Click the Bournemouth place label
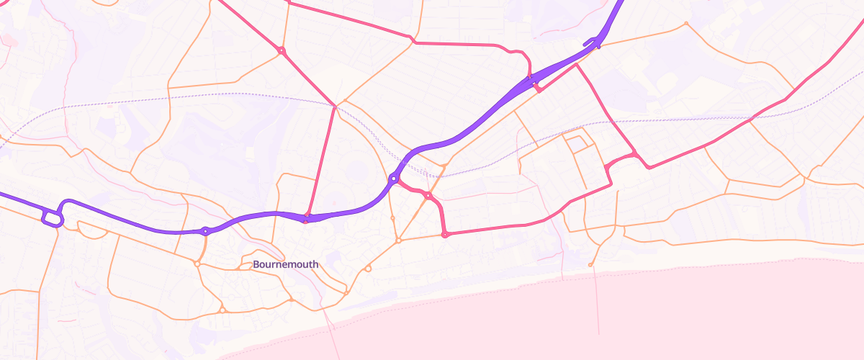point(285,264)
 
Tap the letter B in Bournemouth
point(256,264)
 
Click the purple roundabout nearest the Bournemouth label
point(205,231)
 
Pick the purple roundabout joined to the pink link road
point(393,178)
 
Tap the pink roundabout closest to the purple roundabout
point(428,195)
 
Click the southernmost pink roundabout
point(445,234)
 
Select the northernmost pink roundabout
point(281,50)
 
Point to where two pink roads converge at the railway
point(335,107)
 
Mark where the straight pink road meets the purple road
point(307,215)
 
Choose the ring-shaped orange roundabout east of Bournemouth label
point(368,269)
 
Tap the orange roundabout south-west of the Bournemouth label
point(222,310)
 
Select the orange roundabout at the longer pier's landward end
point(590,265)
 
